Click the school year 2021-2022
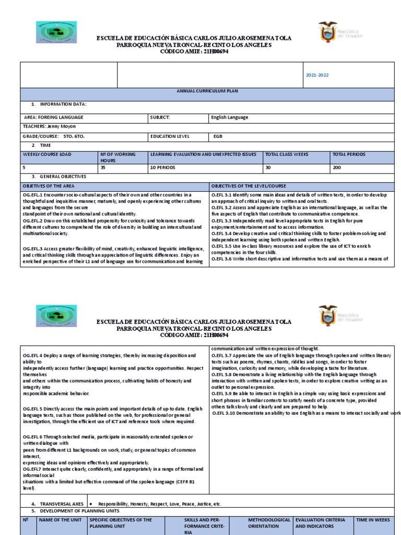point(317,75)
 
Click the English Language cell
point(230,118)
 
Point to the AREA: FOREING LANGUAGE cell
point(54,118)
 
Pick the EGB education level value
point(218,136)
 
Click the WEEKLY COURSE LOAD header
point(47,155)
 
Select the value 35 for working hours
point(103,168)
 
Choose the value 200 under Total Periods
point(337,168)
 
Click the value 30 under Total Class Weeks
point(268,168)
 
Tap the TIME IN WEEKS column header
point(373,520)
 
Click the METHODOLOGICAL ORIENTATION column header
point(269,524)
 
